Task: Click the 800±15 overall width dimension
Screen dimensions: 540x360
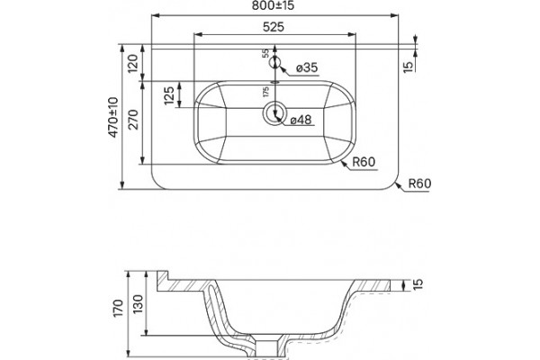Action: pos(273,5)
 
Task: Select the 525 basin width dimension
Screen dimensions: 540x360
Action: pos(274,27)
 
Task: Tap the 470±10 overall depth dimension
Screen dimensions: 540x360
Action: pos(113,118)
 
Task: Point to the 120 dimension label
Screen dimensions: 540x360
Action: pos(133,63)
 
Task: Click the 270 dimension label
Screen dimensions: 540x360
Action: pos(133,120)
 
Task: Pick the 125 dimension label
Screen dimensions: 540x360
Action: pos(169,95)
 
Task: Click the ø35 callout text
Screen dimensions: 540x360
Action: pos(307,67)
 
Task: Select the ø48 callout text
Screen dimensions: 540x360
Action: pos(301,120)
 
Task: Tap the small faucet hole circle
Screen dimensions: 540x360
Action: pos(274,62)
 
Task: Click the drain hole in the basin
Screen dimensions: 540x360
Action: pos(274,113)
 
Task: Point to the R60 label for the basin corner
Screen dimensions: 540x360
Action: pos(364,162)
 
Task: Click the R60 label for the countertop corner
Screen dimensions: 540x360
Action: pos(419,184)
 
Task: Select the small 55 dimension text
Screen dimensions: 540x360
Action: pos(265,53)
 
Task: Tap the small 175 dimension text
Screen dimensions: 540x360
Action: pos(265,92)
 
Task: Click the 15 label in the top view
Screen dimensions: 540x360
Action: pos(408,67)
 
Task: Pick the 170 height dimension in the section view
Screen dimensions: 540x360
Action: pos(118,308)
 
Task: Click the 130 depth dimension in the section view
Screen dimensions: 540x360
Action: pos(138,303)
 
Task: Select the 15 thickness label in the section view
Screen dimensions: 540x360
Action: pos(418,284)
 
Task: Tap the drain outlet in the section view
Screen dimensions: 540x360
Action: pos(267,347)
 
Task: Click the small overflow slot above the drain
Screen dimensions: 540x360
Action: pos(274,82)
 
